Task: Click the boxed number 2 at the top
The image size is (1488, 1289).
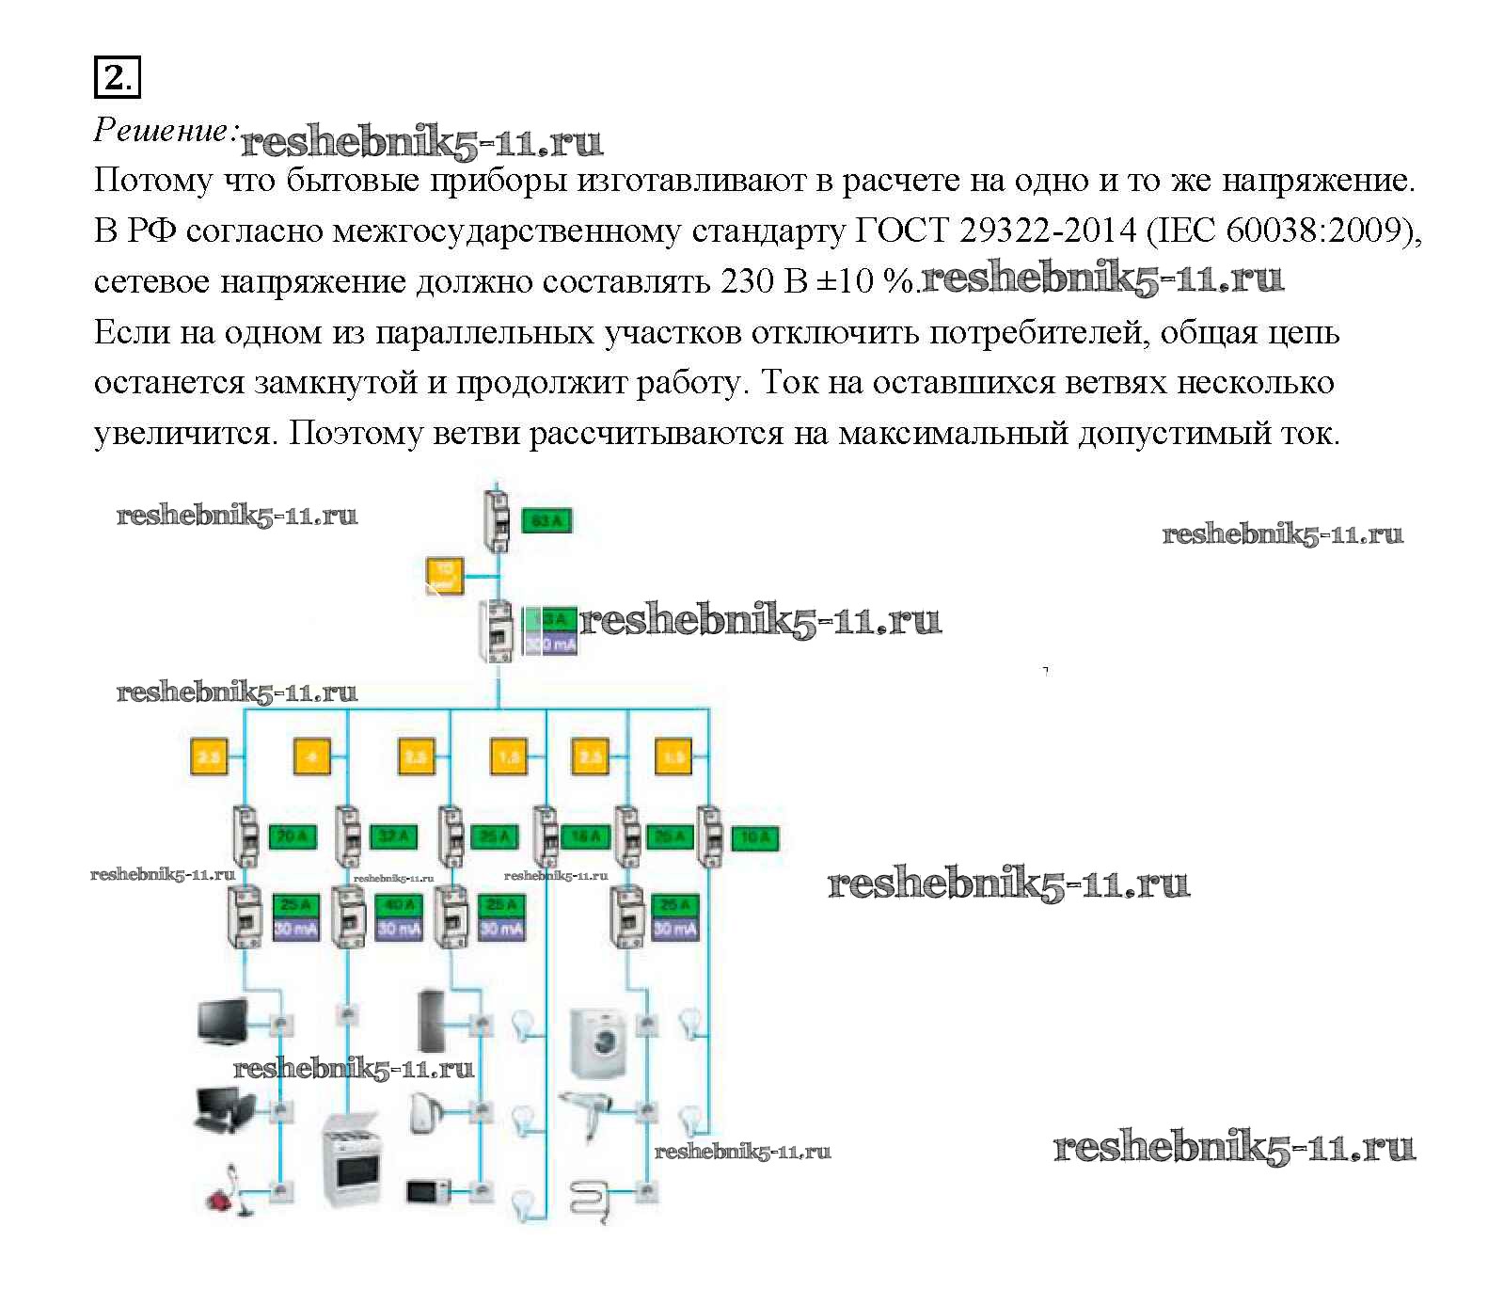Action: coord(117,76)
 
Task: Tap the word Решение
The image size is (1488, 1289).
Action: coord(162,131)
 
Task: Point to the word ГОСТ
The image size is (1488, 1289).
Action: coord(901,230)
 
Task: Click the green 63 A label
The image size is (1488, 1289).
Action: coord(546,520)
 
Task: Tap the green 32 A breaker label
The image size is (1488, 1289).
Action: coord(394,835)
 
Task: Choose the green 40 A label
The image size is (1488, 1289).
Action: coord(399,905)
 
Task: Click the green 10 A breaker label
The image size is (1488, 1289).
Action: coord(755,835)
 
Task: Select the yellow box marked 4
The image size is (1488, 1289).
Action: coord(312,756)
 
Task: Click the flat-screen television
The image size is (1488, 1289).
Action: coord(222,1022)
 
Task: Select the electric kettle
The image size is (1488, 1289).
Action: coord(422,1112)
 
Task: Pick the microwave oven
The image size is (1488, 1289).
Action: coord(428,1191)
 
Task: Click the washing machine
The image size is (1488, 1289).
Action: coord(599,1042)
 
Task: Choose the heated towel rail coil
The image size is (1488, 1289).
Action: coord(591,1198)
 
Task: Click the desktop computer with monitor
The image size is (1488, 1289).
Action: coord(223,1110)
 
